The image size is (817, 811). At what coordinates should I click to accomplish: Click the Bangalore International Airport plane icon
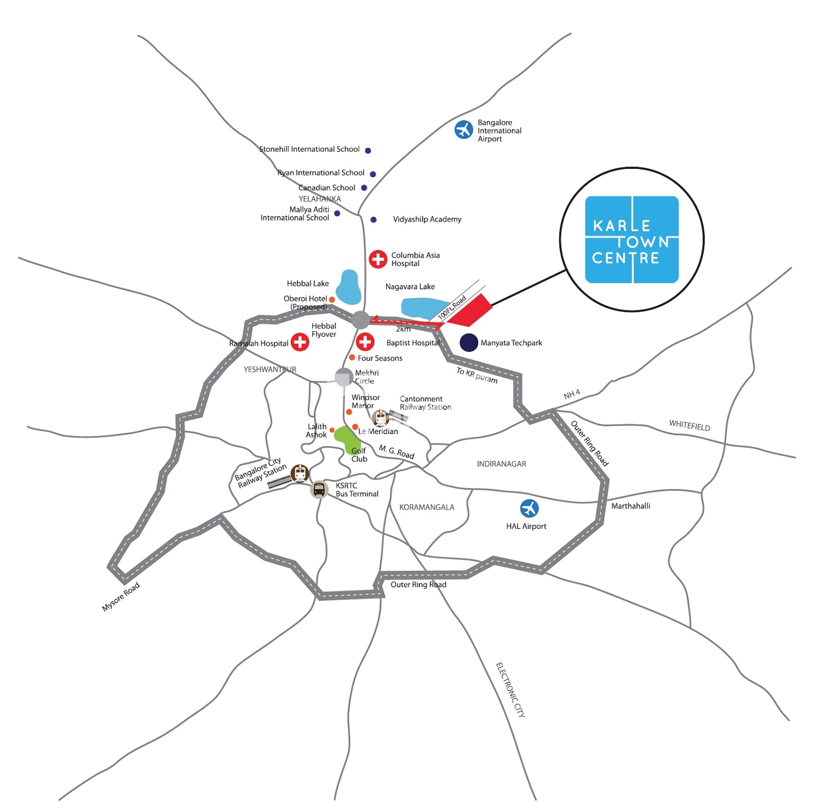tap(464, 130)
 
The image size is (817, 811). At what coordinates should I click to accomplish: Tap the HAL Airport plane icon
tap(529, 508)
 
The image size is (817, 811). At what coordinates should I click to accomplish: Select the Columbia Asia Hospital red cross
tap(378, 259)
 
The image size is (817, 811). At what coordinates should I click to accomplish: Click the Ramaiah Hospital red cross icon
tap(300, 342)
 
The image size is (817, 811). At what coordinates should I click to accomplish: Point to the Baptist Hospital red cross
tap(365, 342)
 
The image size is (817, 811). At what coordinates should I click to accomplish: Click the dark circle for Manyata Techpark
tap(469, 342)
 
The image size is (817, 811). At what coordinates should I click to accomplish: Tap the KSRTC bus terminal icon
tap(319, 489)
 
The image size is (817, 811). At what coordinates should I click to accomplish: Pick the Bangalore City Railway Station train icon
tap(300, 473)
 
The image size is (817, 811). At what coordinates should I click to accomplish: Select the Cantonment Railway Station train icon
tap(380, 418)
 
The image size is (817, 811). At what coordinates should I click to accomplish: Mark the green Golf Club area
tap(345, 440)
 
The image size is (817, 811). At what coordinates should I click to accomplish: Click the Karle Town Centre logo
tap(632, 240)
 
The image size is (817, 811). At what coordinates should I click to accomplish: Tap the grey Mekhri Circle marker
tap(344, 377)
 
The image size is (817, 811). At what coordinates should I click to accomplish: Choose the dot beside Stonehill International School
tap(368, 150)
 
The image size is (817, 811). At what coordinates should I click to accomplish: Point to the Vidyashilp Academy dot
tap(374, 219)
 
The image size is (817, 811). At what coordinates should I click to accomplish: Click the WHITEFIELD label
tap(690, 425)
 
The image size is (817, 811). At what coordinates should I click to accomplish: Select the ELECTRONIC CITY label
tap(510, 690)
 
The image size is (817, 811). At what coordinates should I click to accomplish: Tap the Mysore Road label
tap(121, 596)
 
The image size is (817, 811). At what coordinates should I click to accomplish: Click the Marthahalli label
tap(631, 506)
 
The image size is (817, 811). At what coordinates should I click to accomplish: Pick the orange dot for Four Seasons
tap(352, 357)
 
